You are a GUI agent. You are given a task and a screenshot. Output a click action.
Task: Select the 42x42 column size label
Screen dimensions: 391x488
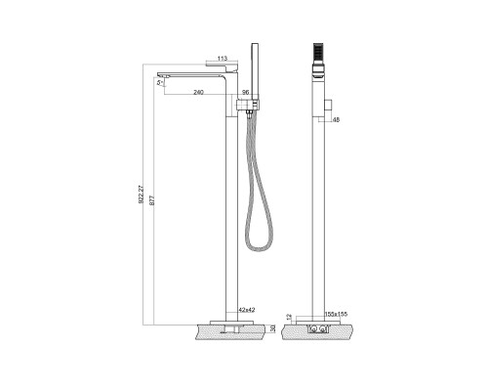tap(246, 309)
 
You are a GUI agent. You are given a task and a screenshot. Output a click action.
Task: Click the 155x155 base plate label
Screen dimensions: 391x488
tap(337, 314)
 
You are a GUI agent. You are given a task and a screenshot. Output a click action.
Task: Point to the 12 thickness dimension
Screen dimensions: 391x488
tap(290, 317)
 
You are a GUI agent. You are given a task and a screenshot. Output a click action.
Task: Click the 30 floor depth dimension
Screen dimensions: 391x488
tap(272, 329)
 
